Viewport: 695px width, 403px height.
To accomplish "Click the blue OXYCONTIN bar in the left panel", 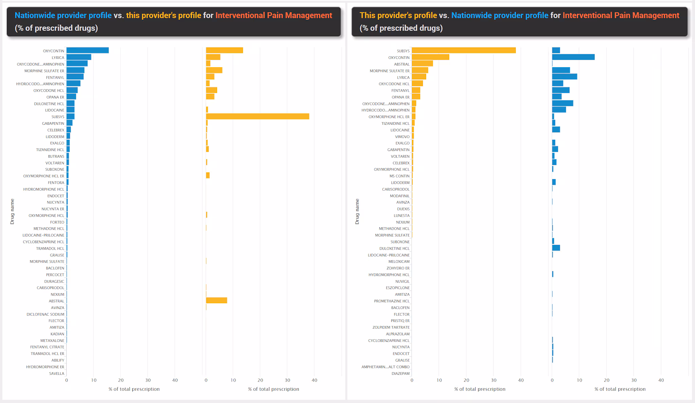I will tap(88, 51).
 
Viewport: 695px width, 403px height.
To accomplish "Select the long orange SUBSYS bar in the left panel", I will tap(257, 117).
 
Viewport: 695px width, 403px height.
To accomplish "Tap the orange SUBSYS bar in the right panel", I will tap(464, 51).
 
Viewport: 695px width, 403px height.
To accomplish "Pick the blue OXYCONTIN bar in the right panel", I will tap(573, 57).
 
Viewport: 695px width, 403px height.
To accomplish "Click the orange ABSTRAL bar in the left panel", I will tap(217, 301).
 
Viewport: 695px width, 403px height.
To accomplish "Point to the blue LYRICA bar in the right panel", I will tap(564, 77).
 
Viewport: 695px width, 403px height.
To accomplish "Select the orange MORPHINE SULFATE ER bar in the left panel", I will tap(214, 70).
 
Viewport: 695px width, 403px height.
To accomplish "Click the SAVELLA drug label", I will tap(57, 373).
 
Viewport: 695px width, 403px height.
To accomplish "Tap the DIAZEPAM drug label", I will tap(401, 373).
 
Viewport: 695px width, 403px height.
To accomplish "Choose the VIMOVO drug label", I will tap(402, 137).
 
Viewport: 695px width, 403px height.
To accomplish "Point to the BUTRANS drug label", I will tap(56, 156).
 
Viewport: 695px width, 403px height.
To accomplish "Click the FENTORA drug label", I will tap(56, 183).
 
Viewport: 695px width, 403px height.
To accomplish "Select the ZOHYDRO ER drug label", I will tap(398, 268).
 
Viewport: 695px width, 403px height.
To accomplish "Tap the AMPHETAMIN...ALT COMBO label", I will tap(386, 367).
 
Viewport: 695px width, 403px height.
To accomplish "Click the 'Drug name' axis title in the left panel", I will tap(12, 211).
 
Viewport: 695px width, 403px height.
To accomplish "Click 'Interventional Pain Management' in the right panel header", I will tap(621, 15).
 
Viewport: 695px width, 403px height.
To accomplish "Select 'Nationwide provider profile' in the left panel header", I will tap(63, 15).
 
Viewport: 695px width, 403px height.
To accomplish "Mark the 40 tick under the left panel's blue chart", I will tap(175, 380).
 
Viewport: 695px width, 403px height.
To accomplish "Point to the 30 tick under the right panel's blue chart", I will tap(634, 380).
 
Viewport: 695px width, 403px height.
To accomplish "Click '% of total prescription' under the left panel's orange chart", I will tap(274, 389).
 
